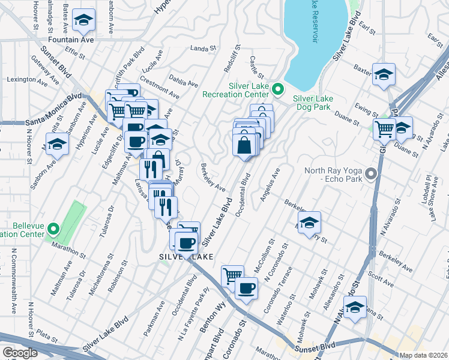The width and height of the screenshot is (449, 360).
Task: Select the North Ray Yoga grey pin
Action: pyautogui.click(x=371, y=174)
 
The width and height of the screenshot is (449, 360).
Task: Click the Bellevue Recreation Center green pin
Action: pyautogui.click(x=53, y=229)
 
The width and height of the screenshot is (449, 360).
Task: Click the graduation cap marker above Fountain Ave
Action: pyautogui.click(x=83, y=21)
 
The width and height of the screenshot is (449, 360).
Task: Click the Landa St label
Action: pyautogui.click(x=202, y=49)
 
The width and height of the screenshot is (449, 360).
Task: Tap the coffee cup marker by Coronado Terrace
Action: pyautogui.click(x=246, y=289)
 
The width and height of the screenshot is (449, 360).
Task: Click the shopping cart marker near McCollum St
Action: pyautogui.click(x=232, y=277)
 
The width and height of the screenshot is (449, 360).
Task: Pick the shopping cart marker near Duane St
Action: pyautogui.click(x=384, y=128)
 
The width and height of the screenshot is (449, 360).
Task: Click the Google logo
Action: pyautogui.click(x=20, y=353)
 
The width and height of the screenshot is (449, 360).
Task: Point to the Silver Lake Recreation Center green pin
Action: pyautogui.click(x=277, y=90)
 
